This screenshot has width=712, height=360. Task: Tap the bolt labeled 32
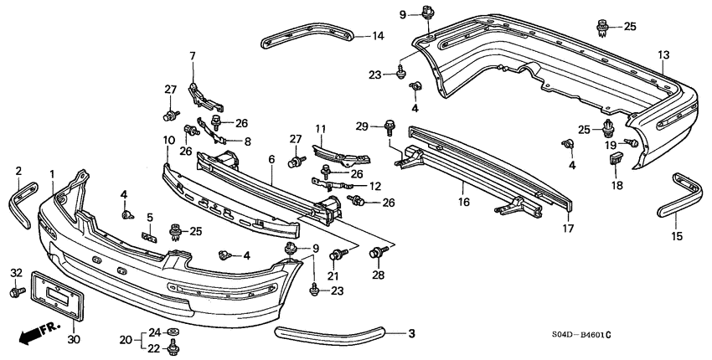pos(18,292)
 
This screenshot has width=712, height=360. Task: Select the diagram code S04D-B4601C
pos(580,335)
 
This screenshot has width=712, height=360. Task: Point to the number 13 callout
pos(663,55)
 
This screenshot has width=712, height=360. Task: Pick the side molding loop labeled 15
pos(680,196)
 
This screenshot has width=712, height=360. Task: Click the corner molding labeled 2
pos(21,203)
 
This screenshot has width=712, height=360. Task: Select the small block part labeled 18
pos(615,159)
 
